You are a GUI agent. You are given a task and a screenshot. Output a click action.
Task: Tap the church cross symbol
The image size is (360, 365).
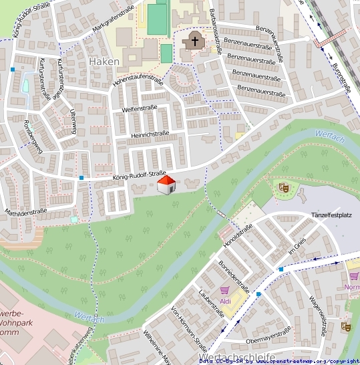(x=195, y=41)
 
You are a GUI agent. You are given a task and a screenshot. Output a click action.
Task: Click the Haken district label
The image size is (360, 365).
(x=104, y=62)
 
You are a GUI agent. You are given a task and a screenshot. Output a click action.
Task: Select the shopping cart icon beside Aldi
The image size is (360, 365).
(x=224, y=291)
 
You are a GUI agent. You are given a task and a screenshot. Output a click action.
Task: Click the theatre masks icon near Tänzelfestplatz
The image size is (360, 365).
(x=283, y=189)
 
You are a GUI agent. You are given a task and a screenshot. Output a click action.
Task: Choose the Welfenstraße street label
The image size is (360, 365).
(x=140, y=108)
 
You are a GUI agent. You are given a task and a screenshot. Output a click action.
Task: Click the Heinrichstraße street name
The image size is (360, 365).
(x=150, y=134)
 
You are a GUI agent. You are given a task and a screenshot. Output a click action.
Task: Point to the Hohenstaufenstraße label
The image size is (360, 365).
(x=138, y=81)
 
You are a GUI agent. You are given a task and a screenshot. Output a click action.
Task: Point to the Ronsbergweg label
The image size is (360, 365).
(x=32, y=136)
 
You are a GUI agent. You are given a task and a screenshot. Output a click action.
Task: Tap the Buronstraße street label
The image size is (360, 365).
(x=341, y=73)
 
